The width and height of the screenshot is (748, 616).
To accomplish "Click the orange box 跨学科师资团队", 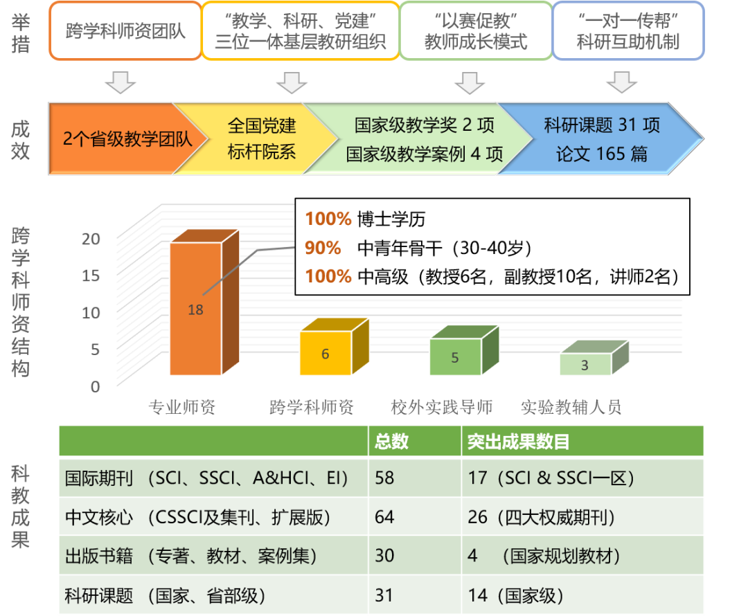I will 125,31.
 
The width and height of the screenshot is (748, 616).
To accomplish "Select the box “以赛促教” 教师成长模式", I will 476,31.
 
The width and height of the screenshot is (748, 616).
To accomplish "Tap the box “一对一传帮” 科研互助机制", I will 628,31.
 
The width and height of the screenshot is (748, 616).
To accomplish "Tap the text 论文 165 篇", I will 601,154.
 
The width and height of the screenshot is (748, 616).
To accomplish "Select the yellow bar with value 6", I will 325,354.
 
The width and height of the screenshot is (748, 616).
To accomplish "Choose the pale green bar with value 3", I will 585,365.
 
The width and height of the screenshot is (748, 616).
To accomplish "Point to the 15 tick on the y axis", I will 91,275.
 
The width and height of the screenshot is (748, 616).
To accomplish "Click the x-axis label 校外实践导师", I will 441,407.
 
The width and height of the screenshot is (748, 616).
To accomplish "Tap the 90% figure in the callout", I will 323,248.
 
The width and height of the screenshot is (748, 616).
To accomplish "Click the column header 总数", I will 391,442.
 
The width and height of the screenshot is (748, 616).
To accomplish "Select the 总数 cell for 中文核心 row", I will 385,517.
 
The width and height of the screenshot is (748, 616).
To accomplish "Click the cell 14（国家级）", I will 515,595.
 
